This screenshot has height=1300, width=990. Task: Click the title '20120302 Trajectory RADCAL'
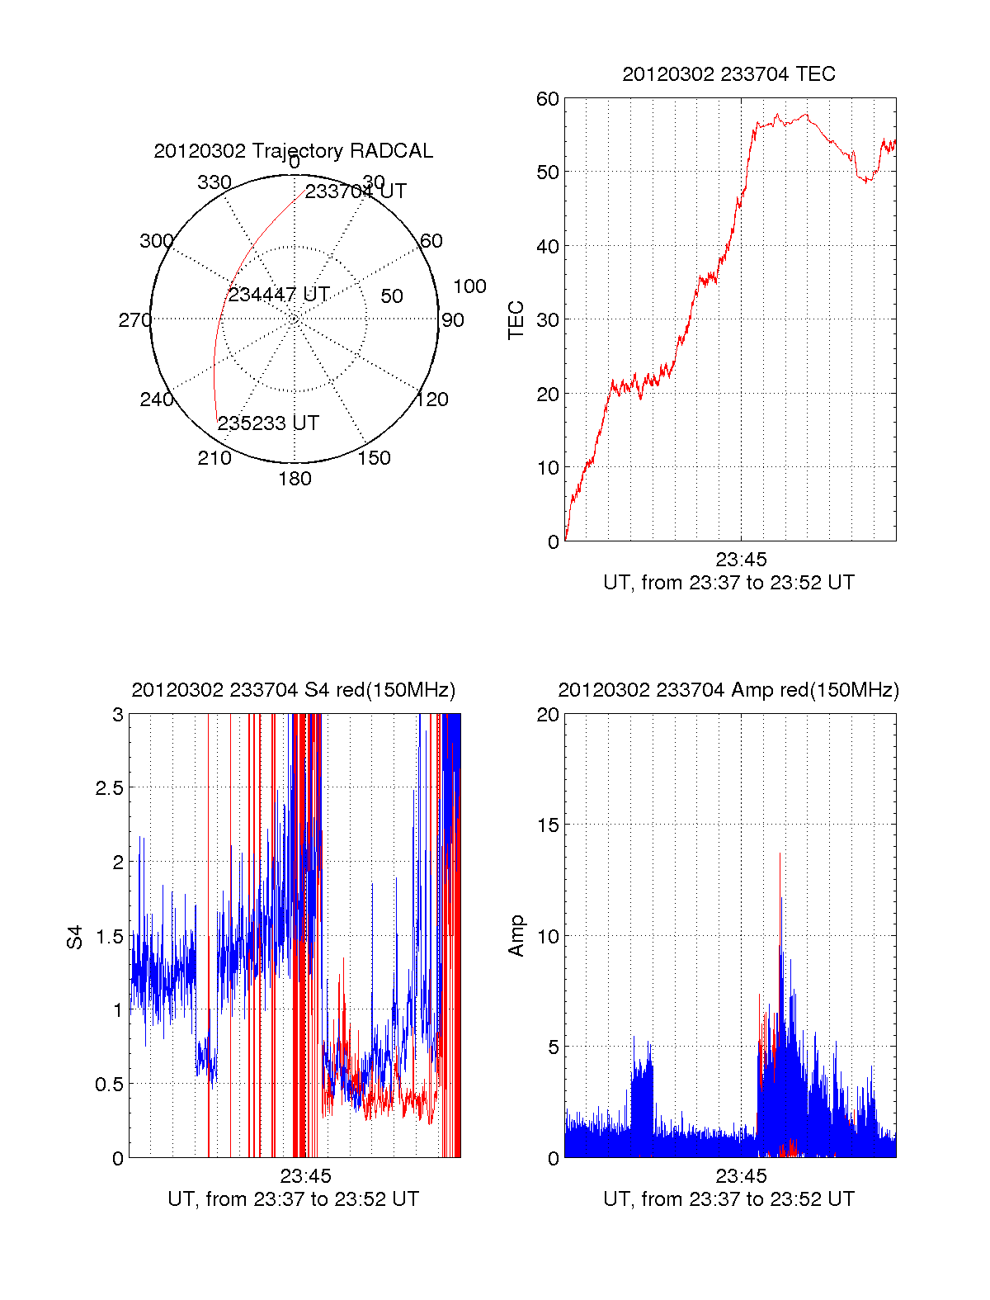pos(293,151)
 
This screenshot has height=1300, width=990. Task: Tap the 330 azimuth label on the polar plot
pos(214,182)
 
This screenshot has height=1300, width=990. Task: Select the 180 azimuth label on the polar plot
pos(295,479)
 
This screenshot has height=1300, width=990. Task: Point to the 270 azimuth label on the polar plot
pos(134,320)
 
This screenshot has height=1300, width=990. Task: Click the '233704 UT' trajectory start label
pos(356,191)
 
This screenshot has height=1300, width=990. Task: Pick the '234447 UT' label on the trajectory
pos(279,295)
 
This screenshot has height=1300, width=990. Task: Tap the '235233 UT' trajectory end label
pos(268,423)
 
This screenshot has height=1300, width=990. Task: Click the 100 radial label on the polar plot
pos(469,286)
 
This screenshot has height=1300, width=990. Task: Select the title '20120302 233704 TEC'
pos(728,74)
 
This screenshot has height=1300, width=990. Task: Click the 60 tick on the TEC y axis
pos(548,100)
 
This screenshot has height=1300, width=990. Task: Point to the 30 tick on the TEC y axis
pos(548,320)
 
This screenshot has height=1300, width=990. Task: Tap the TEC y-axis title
pos(516,320)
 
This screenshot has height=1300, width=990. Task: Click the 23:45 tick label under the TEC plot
pos(741,560)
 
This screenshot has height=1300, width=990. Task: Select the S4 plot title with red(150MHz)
pos(293,690)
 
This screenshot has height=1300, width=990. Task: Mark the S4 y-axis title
pos(75,937)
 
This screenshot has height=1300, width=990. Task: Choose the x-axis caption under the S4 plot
pos(293,1199)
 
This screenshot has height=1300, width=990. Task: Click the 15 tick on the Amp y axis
pos(548,825)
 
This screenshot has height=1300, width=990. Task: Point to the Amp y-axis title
pos(516,936)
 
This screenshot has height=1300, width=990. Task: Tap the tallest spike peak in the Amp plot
pos(780,854)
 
